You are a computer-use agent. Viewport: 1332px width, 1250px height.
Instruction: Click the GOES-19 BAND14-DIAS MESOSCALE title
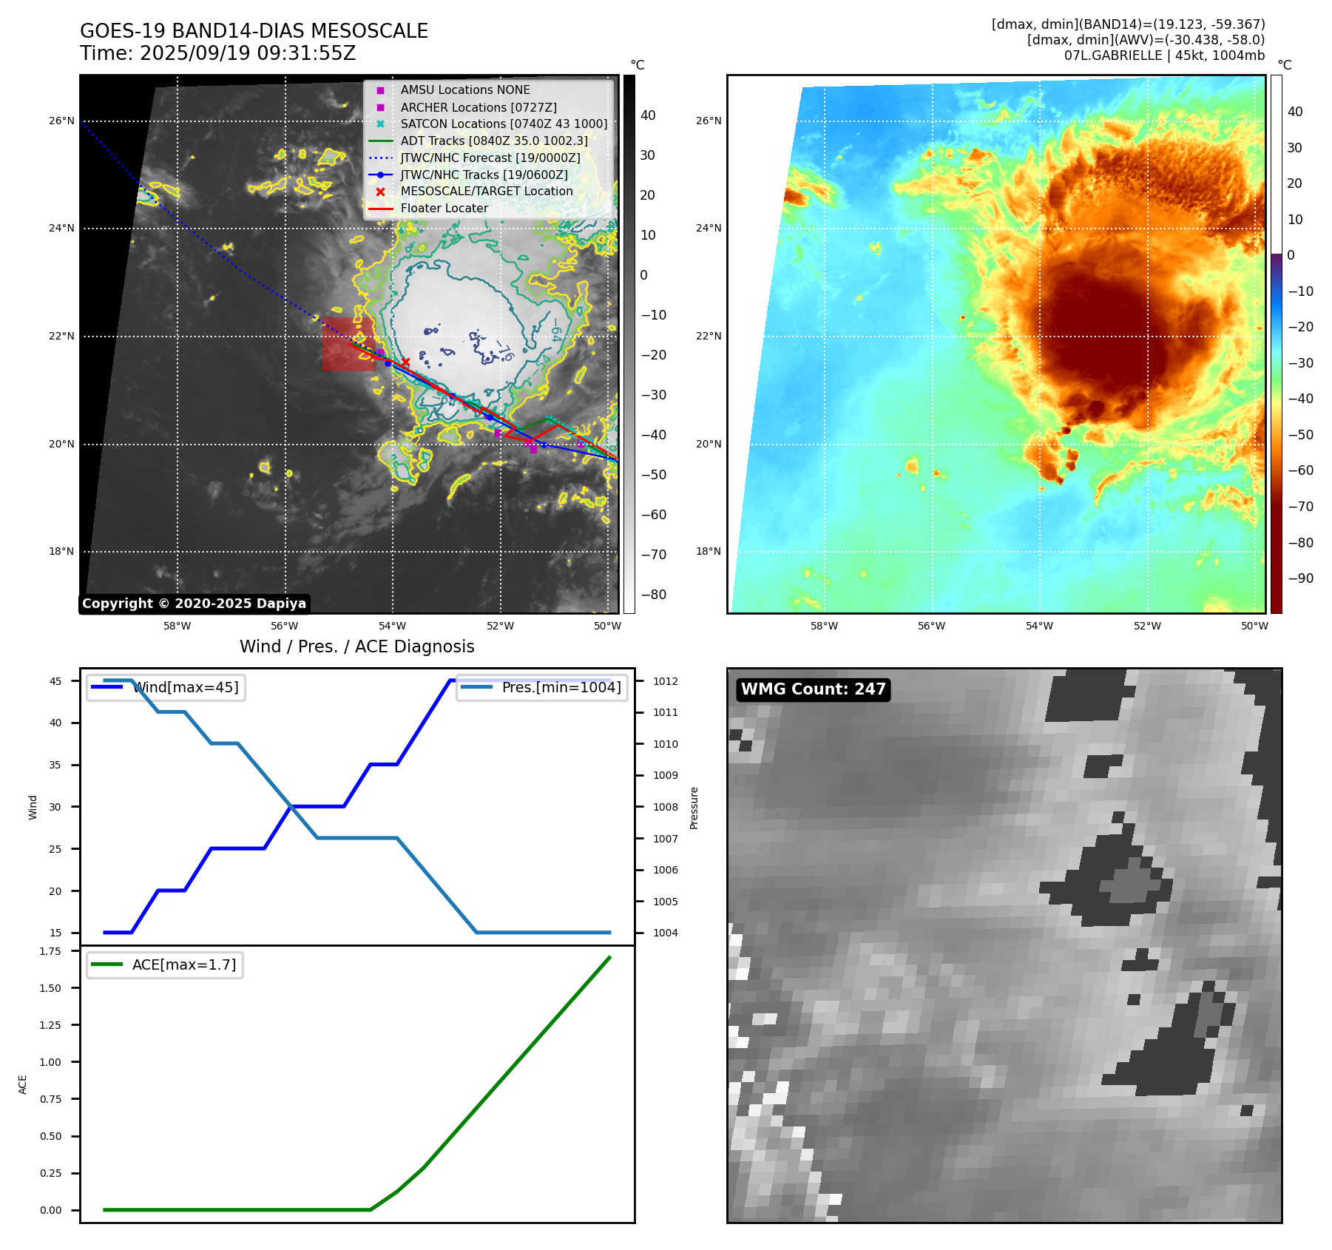click(x=254, y=31)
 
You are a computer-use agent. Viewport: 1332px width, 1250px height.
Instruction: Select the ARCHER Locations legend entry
click(x=479, y=107)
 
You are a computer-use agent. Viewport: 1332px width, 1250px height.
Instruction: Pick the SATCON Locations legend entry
click(x=504, y=124)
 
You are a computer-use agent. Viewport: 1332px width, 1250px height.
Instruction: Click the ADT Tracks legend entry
click(x=494, y=141)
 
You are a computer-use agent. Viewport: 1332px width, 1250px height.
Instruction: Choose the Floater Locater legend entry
click(x=444, y=209)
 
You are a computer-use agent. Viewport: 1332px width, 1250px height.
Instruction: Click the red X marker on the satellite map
click(x=405, y=362)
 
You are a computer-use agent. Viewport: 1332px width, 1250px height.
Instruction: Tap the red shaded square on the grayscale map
click(x=348, y=344)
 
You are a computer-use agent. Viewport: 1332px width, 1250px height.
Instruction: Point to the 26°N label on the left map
click(x=61, y=121)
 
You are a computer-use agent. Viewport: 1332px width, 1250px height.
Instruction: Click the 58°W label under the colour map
click(x=824, y=626)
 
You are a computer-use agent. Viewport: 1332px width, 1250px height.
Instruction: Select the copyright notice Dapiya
click(x=194, y=604)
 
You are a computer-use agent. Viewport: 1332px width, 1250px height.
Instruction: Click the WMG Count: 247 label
click(x=813, y=689)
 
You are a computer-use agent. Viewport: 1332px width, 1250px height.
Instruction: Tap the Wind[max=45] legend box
click(x=166, y=688)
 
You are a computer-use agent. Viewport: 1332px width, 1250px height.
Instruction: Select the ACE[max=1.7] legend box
click(x=164, y=965)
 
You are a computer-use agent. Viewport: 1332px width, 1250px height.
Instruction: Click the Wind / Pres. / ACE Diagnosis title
click(x=356, y=646)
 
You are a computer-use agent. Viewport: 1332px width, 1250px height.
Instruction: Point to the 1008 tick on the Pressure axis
click(x=666, y=807)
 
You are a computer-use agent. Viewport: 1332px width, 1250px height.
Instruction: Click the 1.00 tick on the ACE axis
click(x=50, y=1062)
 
